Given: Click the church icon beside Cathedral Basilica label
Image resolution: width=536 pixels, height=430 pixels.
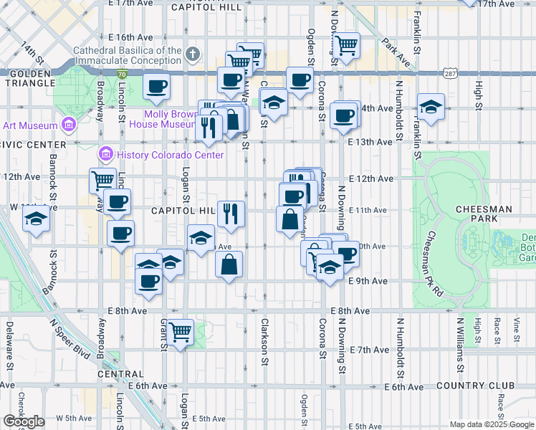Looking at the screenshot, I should point(193,54).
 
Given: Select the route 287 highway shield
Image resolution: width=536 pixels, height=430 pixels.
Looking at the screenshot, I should point(450,74).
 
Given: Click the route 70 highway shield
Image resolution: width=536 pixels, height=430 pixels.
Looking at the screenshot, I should point(123,74).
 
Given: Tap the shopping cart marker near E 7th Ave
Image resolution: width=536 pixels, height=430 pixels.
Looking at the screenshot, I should point(181,332).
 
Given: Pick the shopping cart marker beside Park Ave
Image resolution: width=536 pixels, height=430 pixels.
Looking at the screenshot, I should point(347,46).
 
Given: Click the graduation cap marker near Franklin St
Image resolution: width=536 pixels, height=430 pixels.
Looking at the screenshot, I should point(431,107).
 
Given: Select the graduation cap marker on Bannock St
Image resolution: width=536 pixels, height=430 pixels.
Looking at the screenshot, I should point(37,219).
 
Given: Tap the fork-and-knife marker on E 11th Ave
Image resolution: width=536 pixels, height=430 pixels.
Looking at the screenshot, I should point(230,214).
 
